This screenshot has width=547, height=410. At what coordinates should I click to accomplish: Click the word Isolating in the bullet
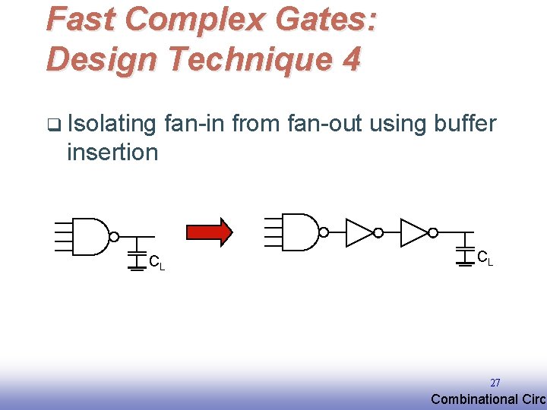point(111,123)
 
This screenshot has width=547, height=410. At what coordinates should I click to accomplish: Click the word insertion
point(112,152)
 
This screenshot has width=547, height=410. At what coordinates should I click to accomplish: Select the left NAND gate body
point(90,236)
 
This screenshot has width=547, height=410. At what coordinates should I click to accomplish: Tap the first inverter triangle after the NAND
point(359,232)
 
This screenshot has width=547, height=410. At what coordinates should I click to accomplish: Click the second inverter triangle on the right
point(414,232)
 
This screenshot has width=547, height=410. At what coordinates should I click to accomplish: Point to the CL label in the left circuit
point(157,263)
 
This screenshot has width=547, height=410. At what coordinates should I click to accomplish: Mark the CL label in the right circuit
point(485,258)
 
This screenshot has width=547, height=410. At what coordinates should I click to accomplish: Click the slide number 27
point(495,383)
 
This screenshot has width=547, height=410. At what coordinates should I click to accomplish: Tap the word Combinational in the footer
point(472,399)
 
